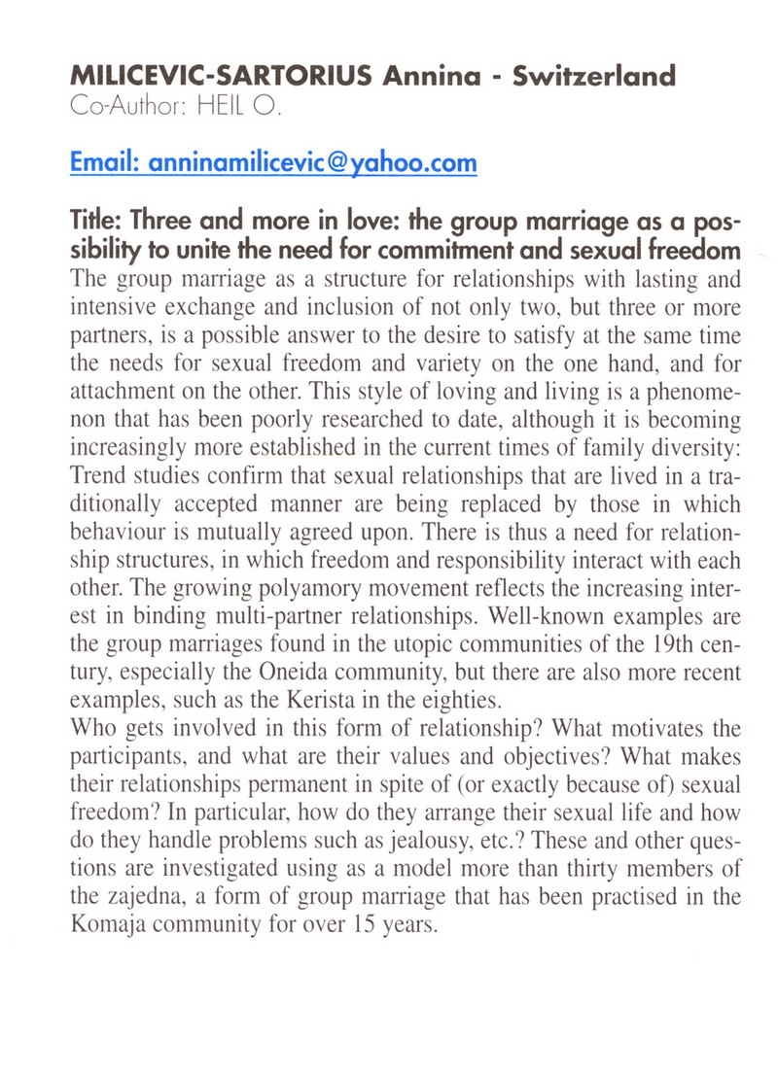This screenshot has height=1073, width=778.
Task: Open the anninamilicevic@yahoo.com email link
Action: (274, 162)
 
